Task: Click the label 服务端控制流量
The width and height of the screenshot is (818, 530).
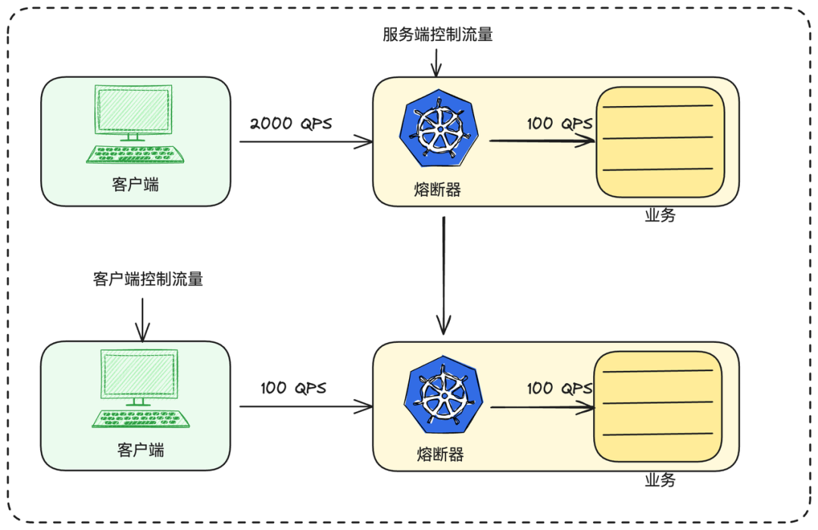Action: click(438, 34)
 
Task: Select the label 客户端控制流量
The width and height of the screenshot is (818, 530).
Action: click(148, 279)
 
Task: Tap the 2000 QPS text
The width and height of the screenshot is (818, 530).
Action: click(291, 123)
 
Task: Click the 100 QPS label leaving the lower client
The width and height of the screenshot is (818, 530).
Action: click(294, 388)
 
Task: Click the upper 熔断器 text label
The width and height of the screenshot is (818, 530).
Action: click(438, 190)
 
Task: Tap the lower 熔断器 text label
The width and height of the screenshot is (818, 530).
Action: click(440, 454)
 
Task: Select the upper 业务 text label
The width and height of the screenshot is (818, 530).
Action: click(660, 215)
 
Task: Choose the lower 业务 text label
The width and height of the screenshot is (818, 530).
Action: click(660, 480)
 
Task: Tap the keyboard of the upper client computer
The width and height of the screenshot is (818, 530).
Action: click(136, 154)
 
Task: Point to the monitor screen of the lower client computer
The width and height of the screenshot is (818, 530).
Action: click(140, 375)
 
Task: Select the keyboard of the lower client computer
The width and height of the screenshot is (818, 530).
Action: click(141, 419)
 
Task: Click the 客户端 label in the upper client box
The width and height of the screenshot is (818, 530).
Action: click(136, 184)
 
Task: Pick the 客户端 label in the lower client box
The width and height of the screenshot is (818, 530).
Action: click(141, 450)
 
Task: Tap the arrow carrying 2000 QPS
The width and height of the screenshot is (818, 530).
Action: click(306, 142)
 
